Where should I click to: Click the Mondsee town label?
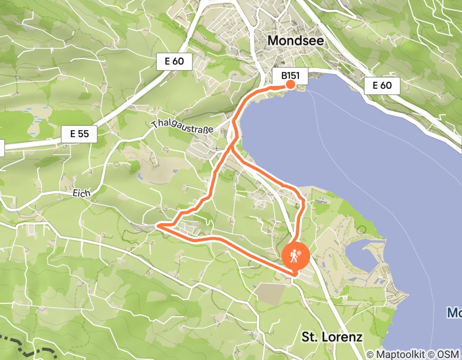tap(296, 41)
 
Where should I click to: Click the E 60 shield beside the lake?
tap(382, 85)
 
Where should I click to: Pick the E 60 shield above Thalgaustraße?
tap(174, 62)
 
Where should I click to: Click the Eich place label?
tap(82, 193)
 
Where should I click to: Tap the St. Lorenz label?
tap(332, 337)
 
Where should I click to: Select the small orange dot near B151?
tap(290, 84)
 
